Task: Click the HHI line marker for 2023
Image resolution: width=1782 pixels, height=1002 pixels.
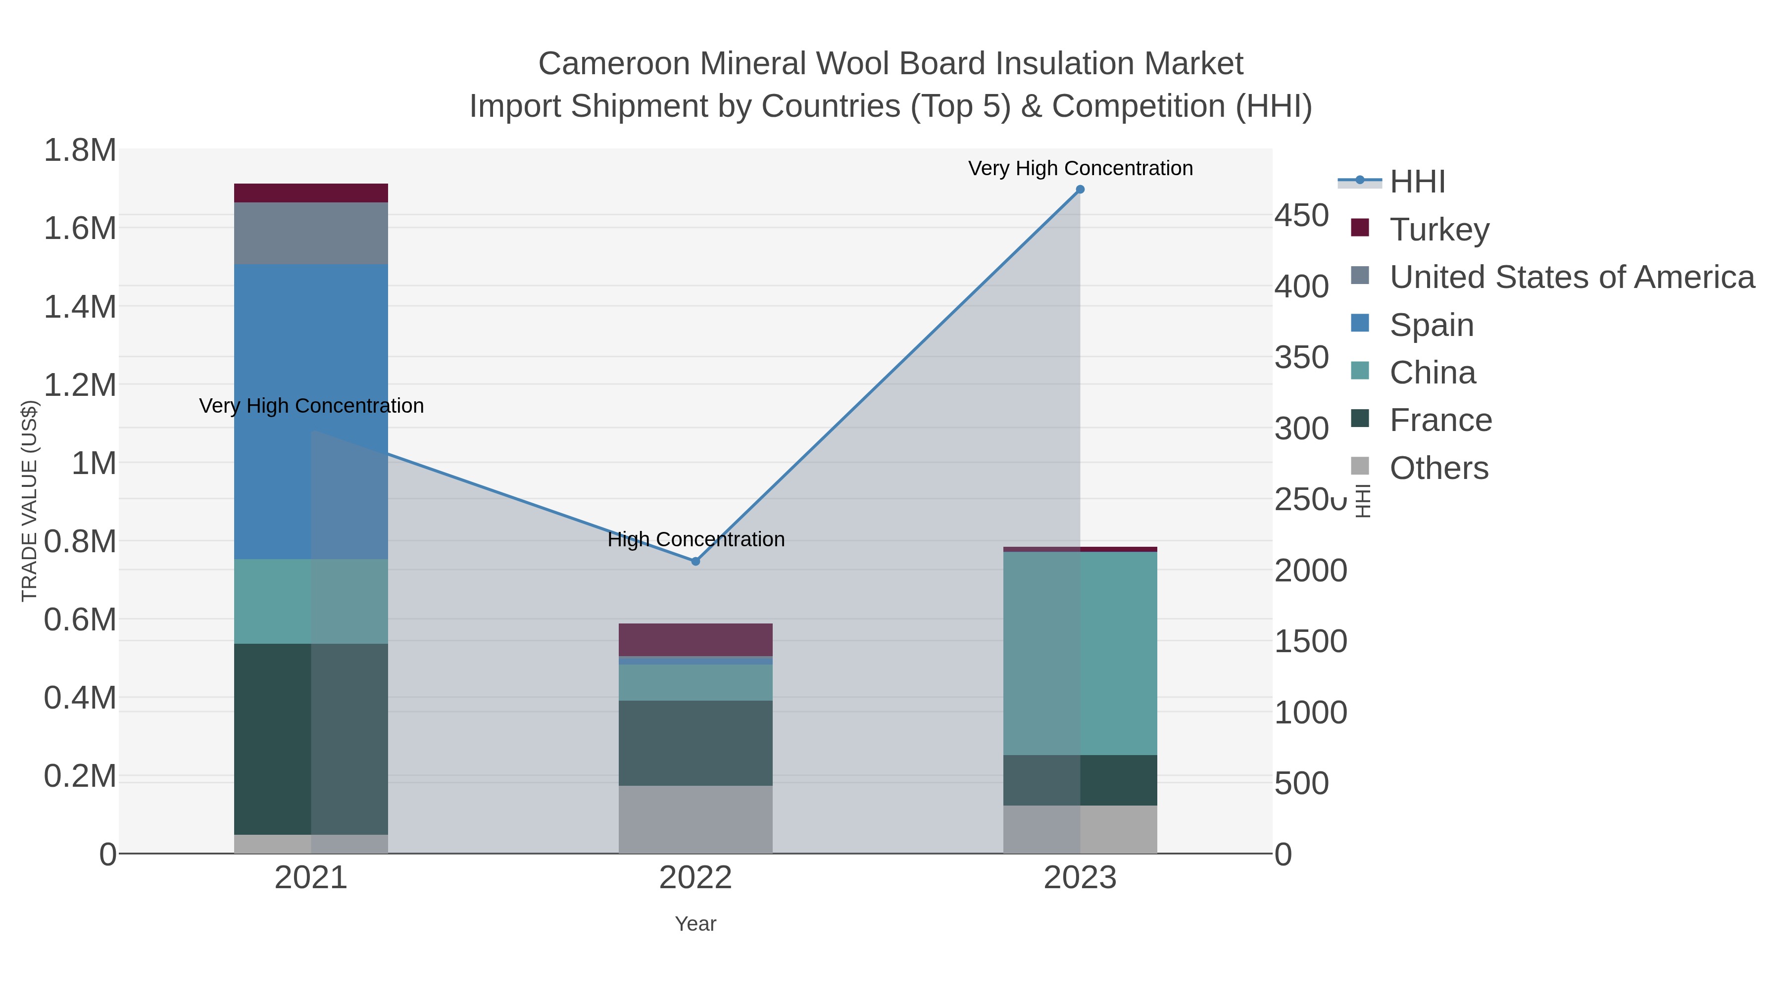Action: (x=1080, y=190)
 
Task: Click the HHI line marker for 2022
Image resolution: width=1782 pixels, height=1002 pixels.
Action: (x=696, y=562)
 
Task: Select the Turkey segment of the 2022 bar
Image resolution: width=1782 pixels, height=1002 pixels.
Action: (x=695, y=640)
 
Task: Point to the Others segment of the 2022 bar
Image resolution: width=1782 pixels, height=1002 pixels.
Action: (x=695, y=819)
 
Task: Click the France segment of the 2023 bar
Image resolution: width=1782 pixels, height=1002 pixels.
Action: (x=1080, y=780)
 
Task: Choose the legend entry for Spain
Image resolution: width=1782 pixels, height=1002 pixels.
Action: (x=1431, y=325)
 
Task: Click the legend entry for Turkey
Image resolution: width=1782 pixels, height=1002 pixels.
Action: (x=1439, y=230)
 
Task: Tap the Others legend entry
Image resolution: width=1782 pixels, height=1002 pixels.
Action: (x=1438, y=468)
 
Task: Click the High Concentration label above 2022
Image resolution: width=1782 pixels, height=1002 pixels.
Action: (x=696, y=539)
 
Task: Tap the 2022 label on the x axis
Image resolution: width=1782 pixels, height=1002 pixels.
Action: (x=695, y=878)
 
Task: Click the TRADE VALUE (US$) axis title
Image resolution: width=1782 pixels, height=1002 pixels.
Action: (x=30, y=501)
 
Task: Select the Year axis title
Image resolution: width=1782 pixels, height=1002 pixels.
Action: (x=695, y=924)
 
